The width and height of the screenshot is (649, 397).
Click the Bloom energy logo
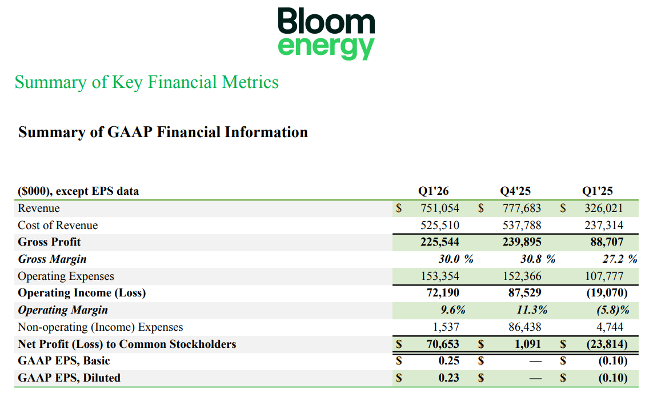coord(326,33)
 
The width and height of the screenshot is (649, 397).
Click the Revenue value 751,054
coord(440,208)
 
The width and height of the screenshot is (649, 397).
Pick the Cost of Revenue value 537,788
coord(522,226)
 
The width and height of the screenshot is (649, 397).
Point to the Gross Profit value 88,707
coord(607,242)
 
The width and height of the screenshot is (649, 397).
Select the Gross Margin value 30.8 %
coord(538,259)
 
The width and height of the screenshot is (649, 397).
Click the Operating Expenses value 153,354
coord(440,276)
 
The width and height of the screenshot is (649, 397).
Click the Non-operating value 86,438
coord(523,327)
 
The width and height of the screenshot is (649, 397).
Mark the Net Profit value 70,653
coord(443,344)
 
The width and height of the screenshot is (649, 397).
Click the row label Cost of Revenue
coord(58,226)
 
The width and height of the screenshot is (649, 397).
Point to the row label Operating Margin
coord(63,310)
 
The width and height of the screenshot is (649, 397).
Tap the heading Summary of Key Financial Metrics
coord(147,82)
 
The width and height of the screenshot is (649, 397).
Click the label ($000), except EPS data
coord(78,191)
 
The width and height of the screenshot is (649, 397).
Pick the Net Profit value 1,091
coord(528,344)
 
